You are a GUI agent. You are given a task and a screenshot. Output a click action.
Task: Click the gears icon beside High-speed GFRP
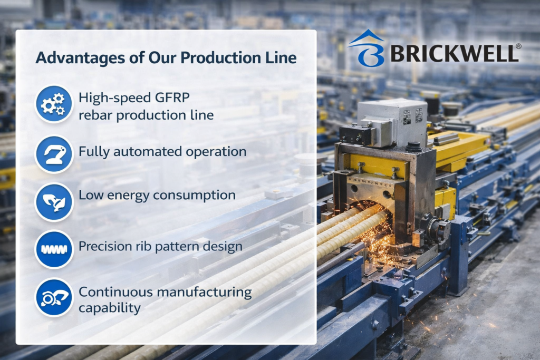54,104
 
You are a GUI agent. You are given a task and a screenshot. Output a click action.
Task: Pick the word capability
110,308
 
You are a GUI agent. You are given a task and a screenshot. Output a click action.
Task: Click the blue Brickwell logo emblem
367,48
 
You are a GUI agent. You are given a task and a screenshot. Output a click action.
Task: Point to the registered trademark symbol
518,46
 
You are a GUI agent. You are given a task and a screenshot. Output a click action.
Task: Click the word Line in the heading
283,58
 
